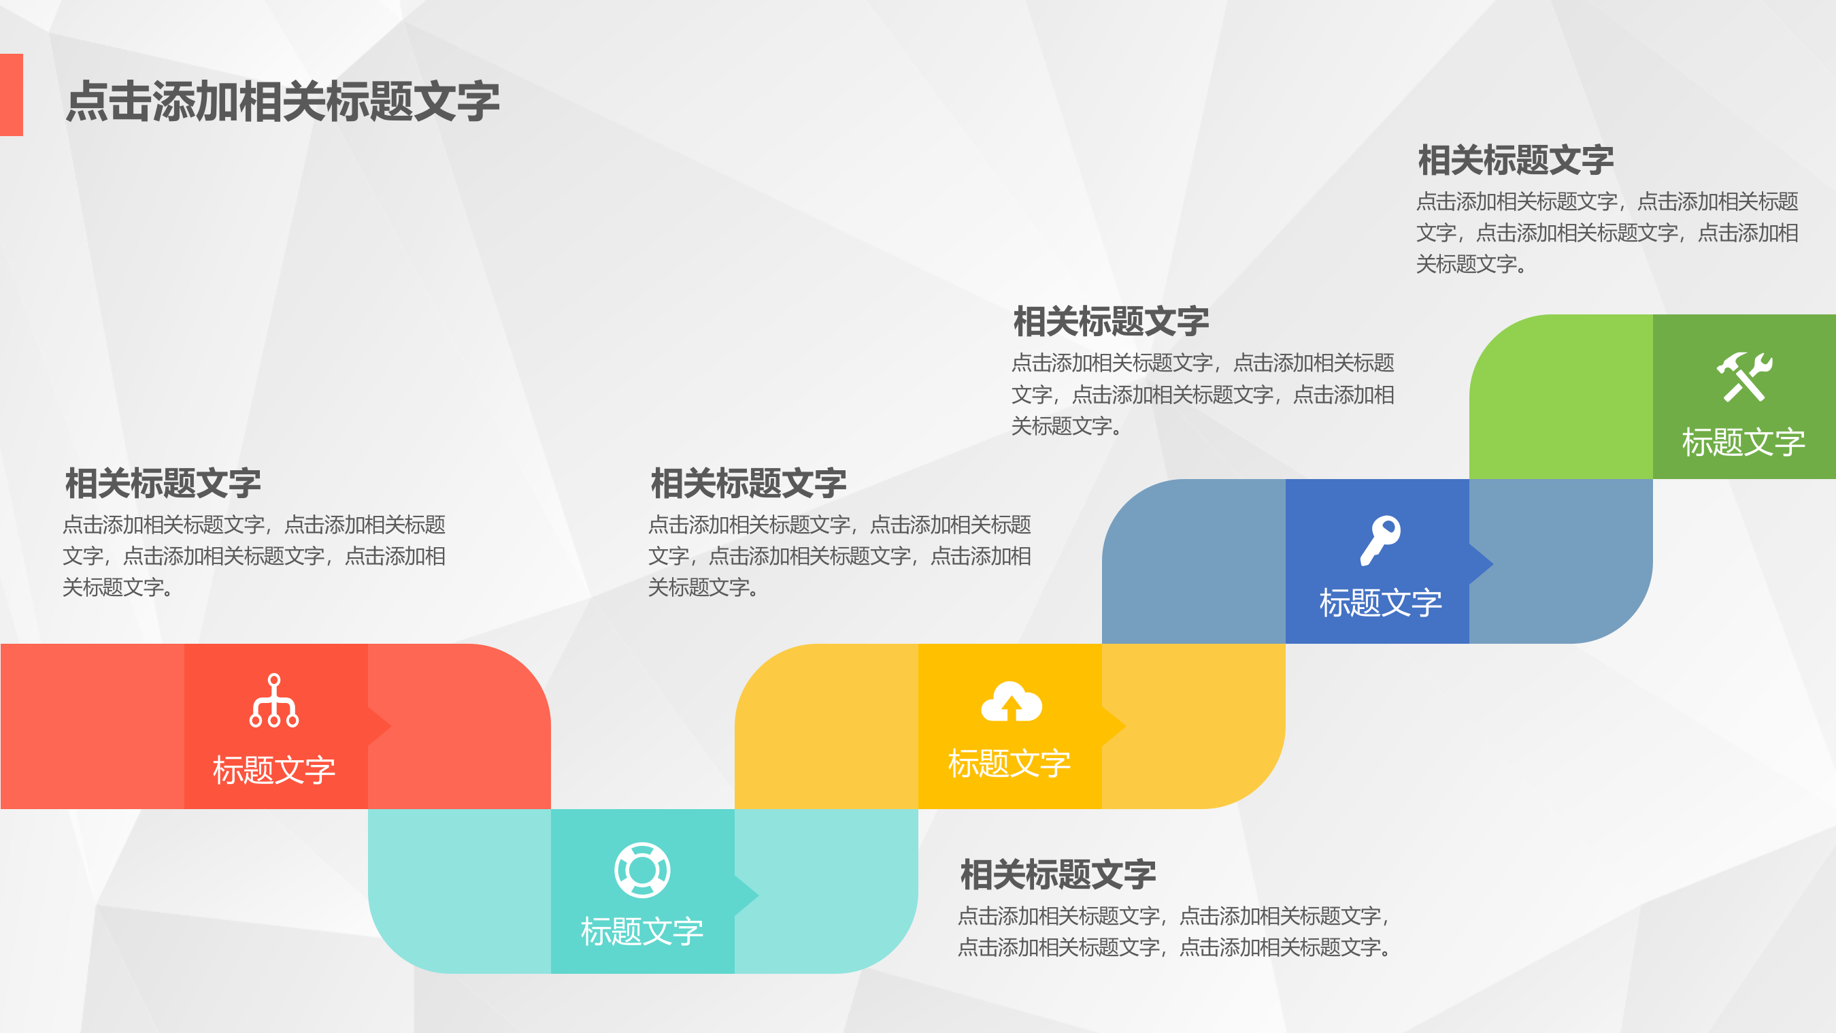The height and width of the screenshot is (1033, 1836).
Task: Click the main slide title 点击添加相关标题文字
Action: click(282, 101)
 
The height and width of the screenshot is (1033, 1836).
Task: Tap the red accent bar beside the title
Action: click(12, 95)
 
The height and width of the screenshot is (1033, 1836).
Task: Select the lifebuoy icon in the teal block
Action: click(642, 870)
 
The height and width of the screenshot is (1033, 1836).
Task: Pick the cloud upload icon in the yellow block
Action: click(1012, 702)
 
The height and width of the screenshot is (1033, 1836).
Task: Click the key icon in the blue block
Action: click(1380, 540)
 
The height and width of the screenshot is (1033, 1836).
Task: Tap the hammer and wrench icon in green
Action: click(1743, 376)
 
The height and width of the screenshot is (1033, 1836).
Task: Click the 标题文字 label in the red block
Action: click(274, 770)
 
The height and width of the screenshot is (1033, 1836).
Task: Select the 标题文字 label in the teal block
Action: click(642, 931)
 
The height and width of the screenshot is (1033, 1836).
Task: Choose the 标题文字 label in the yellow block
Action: click(1009, 764)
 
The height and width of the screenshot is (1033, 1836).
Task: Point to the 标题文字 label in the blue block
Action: click(1380, 602)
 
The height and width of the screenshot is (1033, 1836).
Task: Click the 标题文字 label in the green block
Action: click(1743, 442)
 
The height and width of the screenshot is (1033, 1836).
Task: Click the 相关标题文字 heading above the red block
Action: click(163, 483)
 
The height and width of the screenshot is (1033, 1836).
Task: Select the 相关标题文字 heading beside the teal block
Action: click(1058, 874)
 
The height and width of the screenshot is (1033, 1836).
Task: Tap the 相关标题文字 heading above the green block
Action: click(1516, 160)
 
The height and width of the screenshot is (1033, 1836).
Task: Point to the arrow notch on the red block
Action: click(379, 727)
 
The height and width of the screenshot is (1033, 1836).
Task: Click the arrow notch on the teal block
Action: click(746, 895)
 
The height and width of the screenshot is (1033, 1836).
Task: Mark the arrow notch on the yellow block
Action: click(1114, 727)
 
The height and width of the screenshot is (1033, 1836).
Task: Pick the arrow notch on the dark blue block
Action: click(1480, 564)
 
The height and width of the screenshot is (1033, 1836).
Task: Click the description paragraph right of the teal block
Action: click(1173, 931)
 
